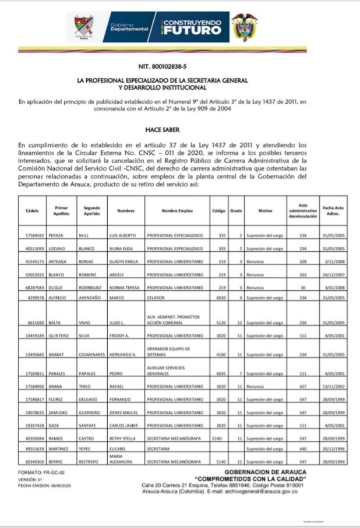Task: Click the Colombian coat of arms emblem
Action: pyautogui.click(x=243, y=27)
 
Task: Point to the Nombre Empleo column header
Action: pyautogui.click(x=177, y=210)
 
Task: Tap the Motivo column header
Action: pyautogui.click(x=265, y=210)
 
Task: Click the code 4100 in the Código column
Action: pyautogui.click(x=218, y=354)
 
